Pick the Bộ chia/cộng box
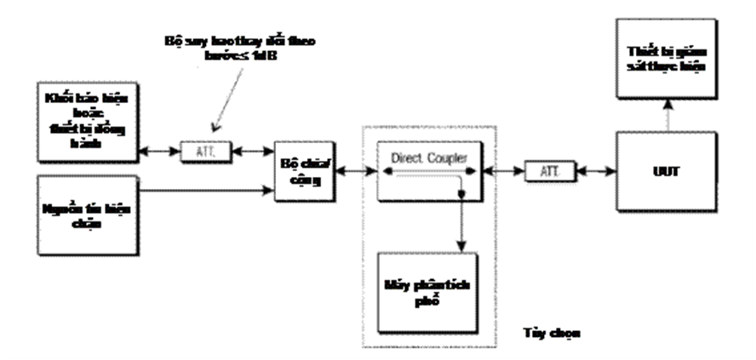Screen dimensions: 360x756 click(x=303, y=171)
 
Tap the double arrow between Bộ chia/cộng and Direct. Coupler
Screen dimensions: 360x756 click(x=356, y=171)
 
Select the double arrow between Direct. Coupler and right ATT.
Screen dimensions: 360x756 click(x=501, y=171)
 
